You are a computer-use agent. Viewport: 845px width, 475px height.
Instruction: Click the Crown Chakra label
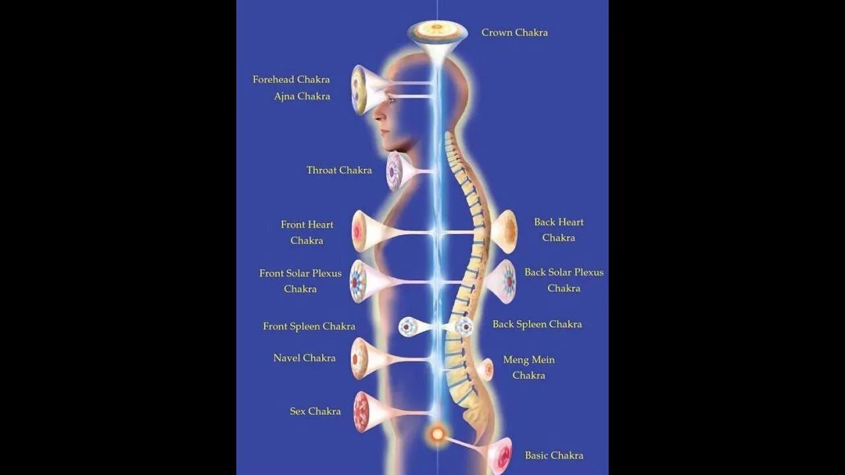[514, 33]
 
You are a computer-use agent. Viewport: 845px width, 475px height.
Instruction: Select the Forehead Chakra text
[291, 80]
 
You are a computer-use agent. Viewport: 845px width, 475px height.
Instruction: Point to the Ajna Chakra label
[302, 96]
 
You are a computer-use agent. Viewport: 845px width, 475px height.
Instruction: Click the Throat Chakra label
[339, 170]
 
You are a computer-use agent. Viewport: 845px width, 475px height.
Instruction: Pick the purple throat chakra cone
[395, 172]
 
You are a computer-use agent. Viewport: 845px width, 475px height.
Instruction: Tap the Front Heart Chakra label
[307, 232]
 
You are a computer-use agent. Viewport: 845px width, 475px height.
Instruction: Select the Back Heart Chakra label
[558, 230]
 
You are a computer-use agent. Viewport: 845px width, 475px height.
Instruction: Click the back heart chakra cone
[506, 232]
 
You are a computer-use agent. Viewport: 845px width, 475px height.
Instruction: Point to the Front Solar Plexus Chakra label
[300, 281]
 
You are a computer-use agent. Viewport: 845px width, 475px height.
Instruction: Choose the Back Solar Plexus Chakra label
[564, 280]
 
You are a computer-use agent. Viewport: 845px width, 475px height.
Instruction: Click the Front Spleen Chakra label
[309, 327]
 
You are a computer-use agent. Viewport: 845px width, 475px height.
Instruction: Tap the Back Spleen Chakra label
[537, 325]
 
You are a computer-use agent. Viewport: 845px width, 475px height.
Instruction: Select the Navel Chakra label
[304, 358]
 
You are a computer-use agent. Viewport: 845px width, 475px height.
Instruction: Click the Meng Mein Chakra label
[529, 367]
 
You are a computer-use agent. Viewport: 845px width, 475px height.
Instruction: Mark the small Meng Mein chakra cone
[487, 369]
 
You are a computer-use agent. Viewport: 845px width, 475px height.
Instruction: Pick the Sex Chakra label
[315, 412]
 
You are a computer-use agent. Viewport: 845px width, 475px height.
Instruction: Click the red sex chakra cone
[362, 412]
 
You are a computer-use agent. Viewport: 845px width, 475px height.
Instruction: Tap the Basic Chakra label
[554, 455]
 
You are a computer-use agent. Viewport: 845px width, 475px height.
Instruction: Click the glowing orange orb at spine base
[436, 434]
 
